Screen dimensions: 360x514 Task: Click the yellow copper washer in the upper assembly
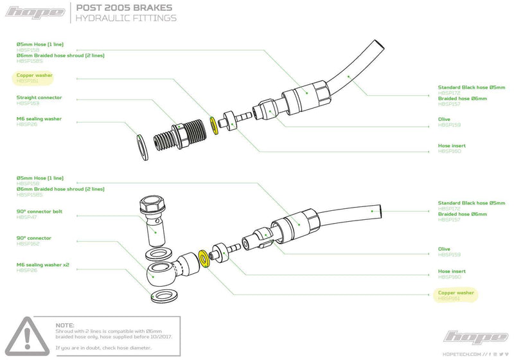pos(214,125)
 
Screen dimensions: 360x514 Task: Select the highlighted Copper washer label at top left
pos(35,75)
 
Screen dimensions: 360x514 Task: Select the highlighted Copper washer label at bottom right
pos(456,293)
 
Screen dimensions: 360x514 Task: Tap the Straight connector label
pos(39,98)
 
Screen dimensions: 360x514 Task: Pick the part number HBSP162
pos(28,244)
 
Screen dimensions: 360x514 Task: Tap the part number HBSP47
pos(26,218)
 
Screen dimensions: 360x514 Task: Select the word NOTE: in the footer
pos(65,326)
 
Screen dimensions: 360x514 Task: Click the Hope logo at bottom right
pos(476,336)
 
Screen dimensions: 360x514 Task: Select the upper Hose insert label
pos(452,146)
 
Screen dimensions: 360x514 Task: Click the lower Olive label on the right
pos(445,249)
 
